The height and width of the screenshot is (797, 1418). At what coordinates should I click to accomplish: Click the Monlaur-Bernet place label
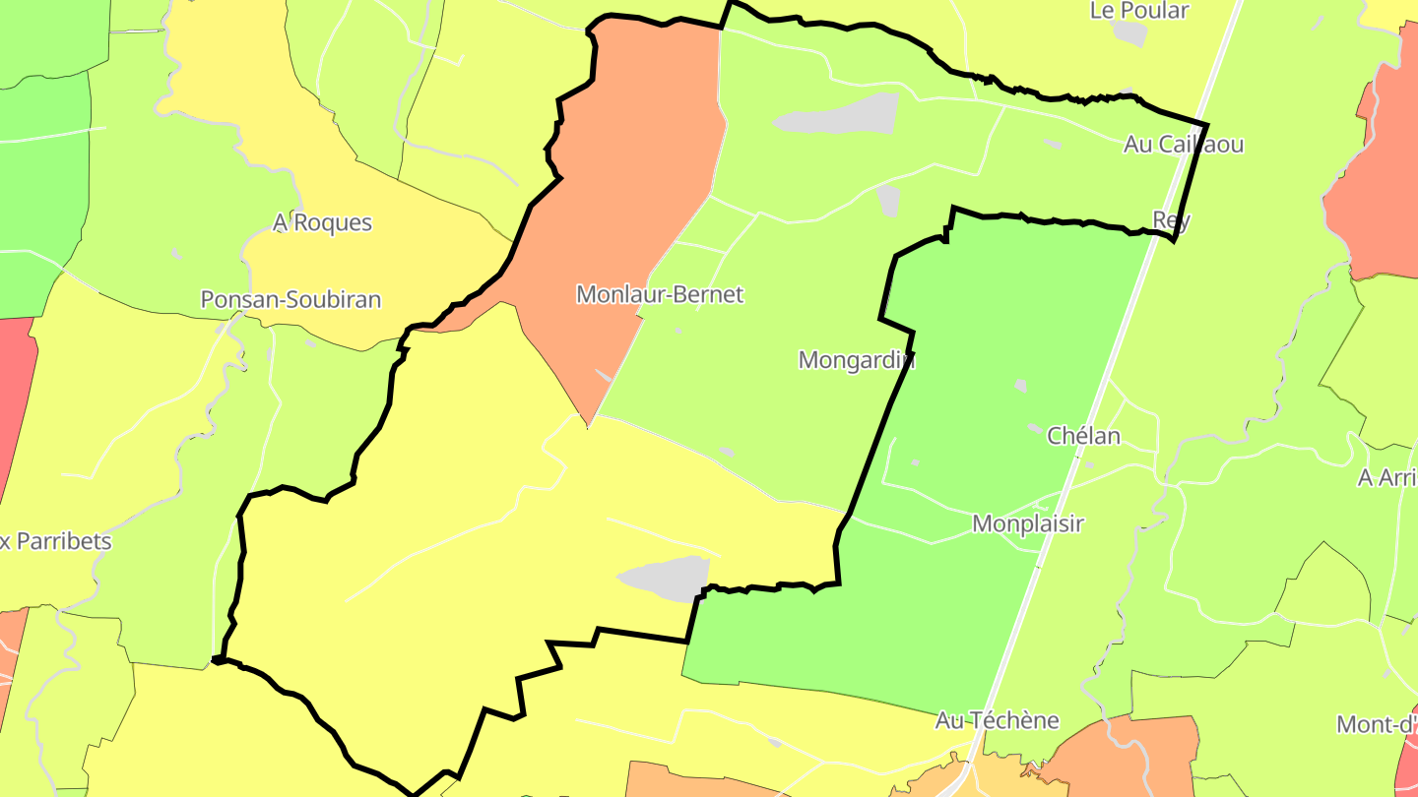click(659, 294)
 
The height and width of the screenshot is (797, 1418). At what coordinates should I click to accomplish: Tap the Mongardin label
click(856, 360)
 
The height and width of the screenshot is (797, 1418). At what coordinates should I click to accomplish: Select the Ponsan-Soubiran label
click(290, 300)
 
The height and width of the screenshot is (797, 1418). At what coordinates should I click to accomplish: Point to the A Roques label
click(322, 223)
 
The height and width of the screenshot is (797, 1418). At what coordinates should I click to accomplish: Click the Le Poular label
click(1139, 11)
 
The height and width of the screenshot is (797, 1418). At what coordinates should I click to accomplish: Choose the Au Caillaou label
click(1183, 145)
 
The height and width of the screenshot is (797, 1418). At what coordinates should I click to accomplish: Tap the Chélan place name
click(1083, 436)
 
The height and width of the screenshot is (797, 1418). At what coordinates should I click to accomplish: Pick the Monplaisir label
click(1027, 523)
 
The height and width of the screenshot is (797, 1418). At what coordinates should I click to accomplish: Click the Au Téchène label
click(997, 720)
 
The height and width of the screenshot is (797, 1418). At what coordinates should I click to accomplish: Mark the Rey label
click(1171, 220)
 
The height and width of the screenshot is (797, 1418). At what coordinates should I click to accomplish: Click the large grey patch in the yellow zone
click(665, 579)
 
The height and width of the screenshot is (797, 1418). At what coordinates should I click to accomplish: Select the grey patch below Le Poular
click(1130, 33)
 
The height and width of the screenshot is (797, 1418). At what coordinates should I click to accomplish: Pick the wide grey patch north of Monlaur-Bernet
click(837, 116)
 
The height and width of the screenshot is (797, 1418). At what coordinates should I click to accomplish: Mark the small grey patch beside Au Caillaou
click(1052, 144)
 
